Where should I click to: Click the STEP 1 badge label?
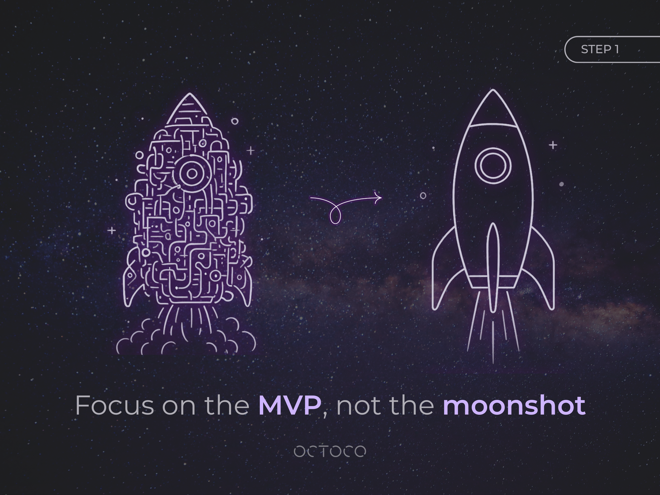click(x=600, y=49)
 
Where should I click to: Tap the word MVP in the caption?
click(x=290, y=405)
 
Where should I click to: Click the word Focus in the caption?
click(x=115, y=405)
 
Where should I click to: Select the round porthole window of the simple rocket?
click(x=493, y=166)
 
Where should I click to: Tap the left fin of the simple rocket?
click(x=448, y=269)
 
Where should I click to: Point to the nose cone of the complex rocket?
click(x=190, y=109)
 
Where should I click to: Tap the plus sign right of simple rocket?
click(x=553, y=145)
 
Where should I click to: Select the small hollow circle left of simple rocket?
click(x=423, y=196)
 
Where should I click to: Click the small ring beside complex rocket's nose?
click(x=235, y=121)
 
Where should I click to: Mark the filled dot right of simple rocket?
click(x=561, y=184)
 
